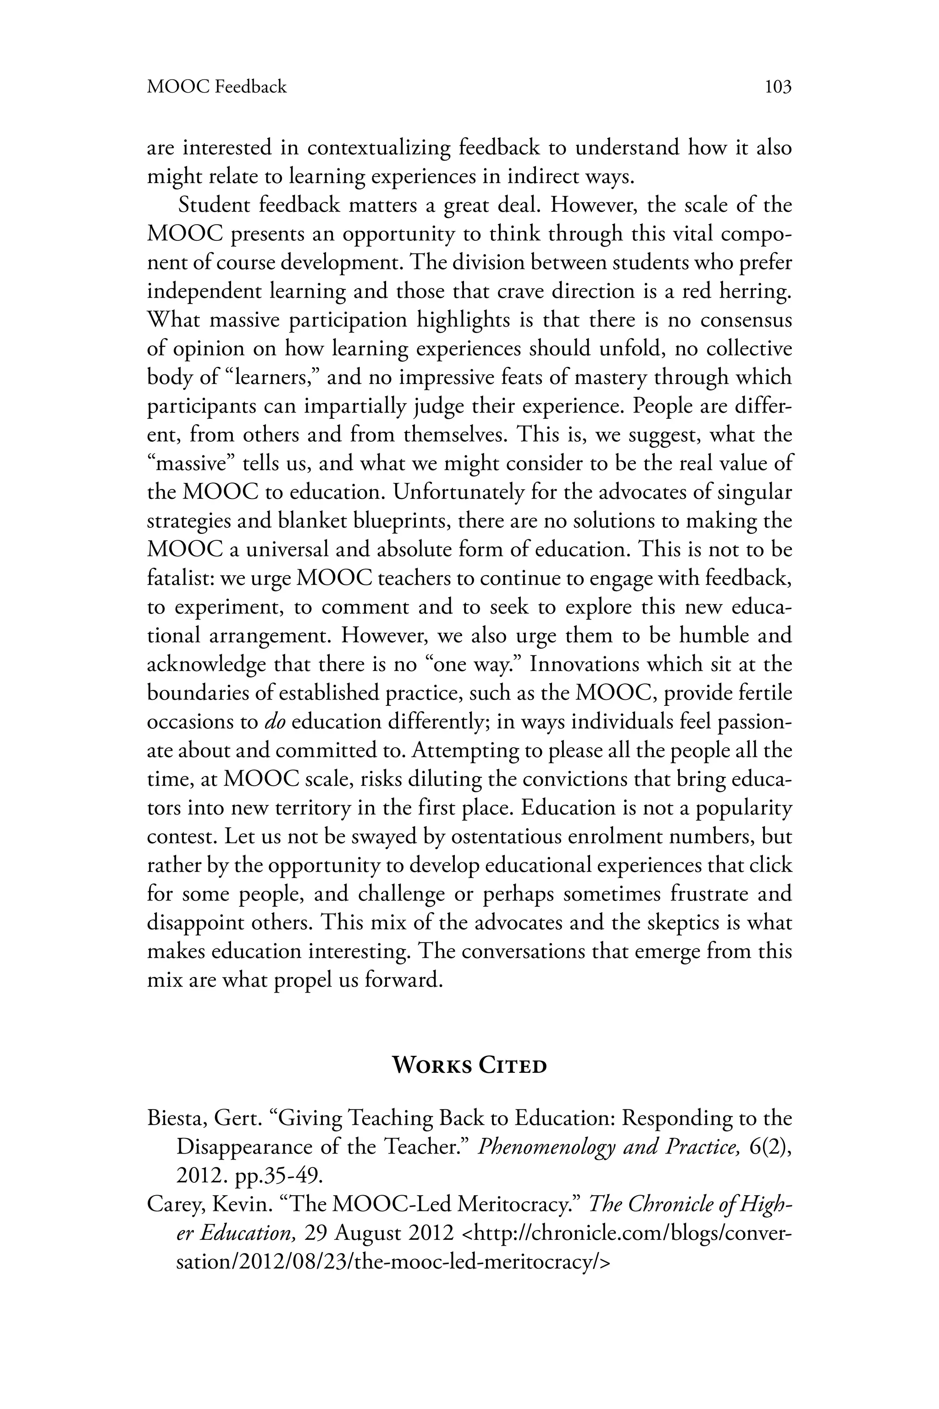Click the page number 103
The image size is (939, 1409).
tap(778, 88)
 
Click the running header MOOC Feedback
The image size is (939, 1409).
tap(217, 88)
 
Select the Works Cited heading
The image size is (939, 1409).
tap(469, 1066)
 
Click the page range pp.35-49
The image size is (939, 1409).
tap(279, 1176)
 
